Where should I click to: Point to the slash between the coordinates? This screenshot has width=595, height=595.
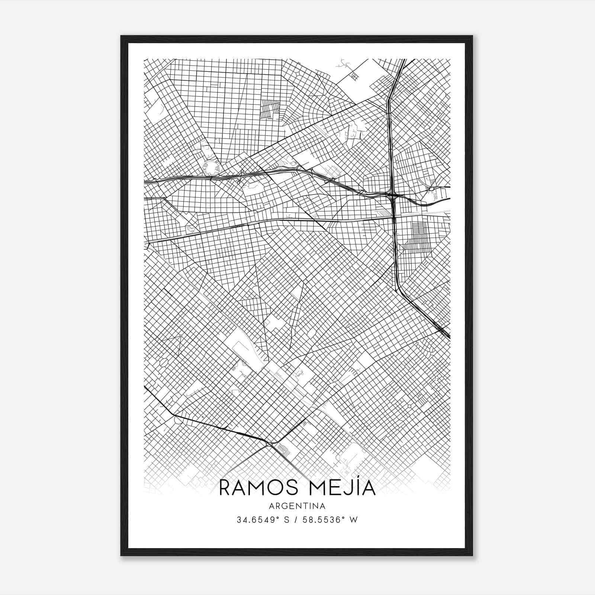point(295,520)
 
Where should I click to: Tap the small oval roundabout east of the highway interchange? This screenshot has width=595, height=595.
point(432,189)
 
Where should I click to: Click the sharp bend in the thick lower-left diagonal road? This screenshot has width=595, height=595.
point(173,414)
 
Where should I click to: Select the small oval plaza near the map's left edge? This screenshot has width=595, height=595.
point(164,361)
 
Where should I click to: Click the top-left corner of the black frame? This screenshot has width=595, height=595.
point(121,36)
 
